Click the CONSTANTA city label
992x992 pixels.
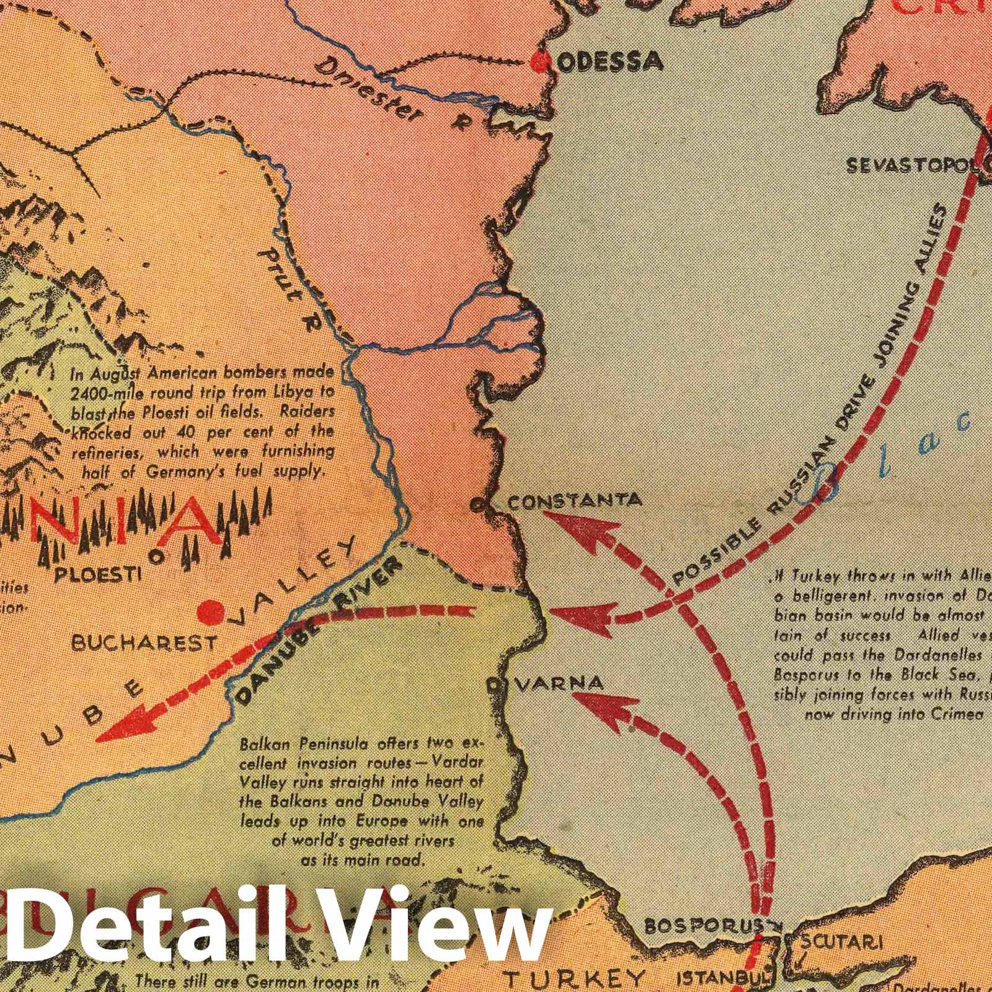pos(574,500)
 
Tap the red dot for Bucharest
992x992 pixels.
pos(211,613)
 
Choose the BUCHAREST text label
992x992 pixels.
pos(145,644)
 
